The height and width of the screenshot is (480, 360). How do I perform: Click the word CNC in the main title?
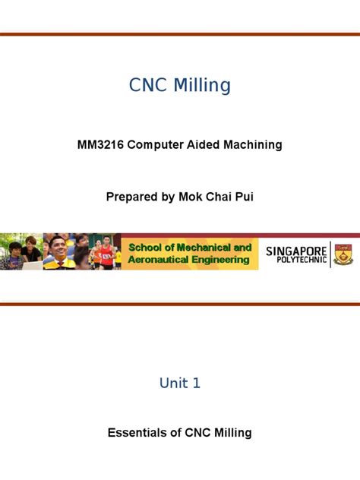(x=149, y=86)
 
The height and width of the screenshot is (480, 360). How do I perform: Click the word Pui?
(x=244, y=197)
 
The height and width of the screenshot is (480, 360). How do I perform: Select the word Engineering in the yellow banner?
(x=220, y=260)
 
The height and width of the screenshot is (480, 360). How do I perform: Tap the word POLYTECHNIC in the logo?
(x=296, y=261)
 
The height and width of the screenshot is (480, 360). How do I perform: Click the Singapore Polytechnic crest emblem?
(x=343, y=253)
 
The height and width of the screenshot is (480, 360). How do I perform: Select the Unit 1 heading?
(x=180, y=383)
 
